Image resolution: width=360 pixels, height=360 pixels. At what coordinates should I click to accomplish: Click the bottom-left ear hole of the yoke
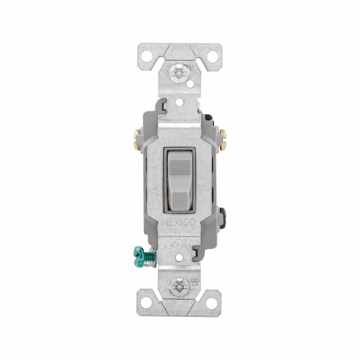146,303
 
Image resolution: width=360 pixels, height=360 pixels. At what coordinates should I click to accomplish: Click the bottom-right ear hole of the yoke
212,303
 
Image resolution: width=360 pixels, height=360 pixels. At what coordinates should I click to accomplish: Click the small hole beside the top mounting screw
190,84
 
